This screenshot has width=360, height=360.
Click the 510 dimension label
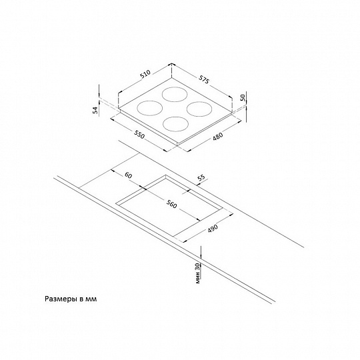click(x=145, y=74)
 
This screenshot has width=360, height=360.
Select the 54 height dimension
click(x=96, y=110)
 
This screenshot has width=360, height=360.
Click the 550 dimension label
click(x=139, y=135)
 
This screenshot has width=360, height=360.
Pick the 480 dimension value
click(x=218, y=137)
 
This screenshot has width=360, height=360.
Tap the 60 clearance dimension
click(x=129, y=175)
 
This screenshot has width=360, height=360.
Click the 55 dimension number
click(x=201, y=178)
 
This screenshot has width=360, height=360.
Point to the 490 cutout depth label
click(x=213, y=228)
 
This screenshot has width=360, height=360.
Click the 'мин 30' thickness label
click(x=198, y=273)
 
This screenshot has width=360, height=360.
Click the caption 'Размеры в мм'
click(x=71, y=299)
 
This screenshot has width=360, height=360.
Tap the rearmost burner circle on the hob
click(x=174, y=95)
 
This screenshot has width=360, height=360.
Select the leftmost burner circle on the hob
click(x=150, y=108)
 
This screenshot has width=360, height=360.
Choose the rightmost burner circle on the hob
click(x=199, y=109)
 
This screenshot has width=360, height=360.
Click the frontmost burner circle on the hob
click(x=175, y=124)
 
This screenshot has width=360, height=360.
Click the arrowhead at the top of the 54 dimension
click(x=99, y=95)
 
